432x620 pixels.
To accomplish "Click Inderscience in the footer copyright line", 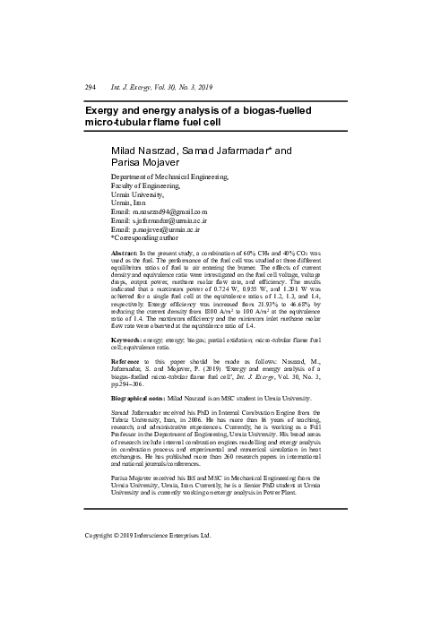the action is pyautogui.click(x=172, y=536).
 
